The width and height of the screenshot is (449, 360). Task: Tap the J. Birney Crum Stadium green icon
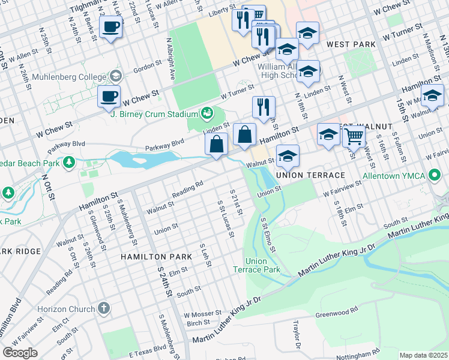pyautogui.click(x=207, y=113)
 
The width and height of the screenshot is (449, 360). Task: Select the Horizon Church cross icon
pyautogui.click(x=104, y=308)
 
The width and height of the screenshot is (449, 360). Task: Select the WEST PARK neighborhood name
pyautogui.click(x=351, y=45)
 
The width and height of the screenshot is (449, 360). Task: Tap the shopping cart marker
pyautogui.click(x=354, y=137)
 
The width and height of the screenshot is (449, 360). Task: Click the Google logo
pyautogui.click(x=20, y=353)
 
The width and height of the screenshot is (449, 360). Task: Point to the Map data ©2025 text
pyautogui.click(x=423, y=355)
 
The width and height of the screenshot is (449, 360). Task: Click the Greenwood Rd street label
pyautogui.click(x=337, y=312)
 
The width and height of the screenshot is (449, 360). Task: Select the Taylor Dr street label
pyautogui.click(x=296, y=335)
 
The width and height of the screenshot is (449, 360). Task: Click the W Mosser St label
pyautogui.click(x=202, y=314)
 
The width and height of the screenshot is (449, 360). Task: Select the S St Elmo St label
pyautogui.click(x=268, y=235)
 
